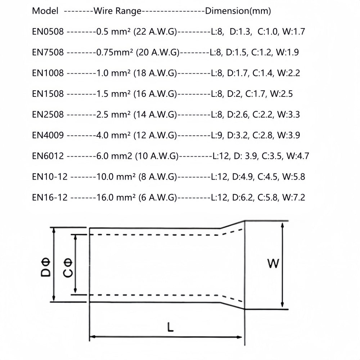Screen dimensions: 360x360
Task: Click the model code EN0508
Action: [48, 32]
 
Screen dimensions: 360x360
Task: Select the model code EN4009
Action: [48, 135]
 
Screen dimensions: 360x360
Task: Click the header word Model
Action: [45, 11]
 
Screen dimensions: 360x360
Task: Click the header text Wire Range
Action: [117, 11]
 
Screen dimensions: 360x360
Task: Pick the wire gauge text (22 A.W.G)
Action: [155, 32]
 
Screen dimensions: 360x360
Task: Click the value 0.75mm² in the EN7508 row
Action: [113, 53]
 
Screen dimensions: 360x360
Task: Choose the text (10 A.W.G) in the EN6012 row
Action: [156, 156]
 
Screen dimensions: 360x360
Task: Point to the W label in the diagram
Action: [273, 264]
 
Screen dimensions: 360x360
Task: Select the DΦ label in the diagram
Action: [46, 267]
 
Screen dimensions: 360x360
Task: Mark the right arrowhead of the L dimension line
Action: [239, 337]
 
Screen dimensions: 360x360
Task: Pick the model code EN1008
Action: [48, 73]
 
